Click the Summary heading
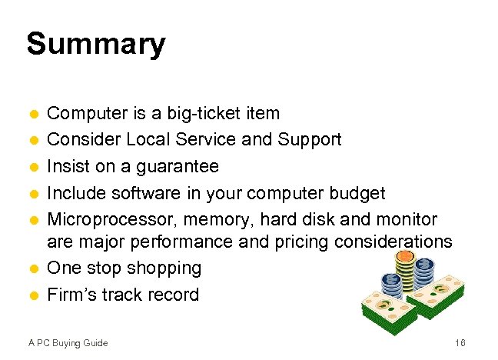[x=95, y=44]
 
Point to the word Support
[x=310, y=140]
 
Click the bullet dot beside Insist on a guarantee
[x=33, y=167]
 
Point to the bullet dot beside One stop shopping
[x=33, y=269]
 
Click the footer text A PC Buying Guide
[x=67, y=342]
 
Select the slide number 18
[x=460, y=342]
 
